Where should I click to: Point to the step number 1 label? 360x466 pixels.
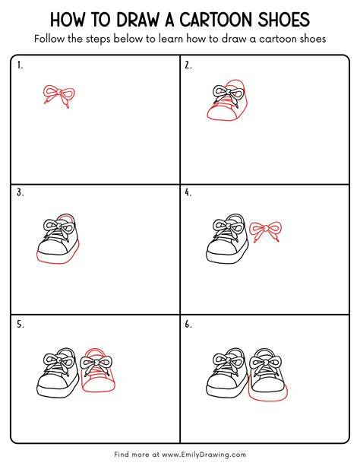pyautogui.click(x=20, y=65)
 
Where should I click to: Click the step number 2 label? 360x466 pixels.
pyautogui.click(x=188, y=65)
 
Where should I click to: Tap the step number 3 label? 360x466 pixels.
pyautogui.click(x=21, y=192)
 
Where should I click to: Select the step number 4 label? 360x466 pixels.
pyautogui.click(x=188, y=192)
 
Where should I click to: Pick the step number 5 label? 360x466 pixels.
pyautogui.click(x=21, y=325)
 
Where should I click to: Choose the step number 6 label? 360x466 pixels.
pyautogui.click(x=188, y=325)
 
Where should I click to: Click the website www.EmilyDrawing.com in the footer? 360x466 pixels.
pyautogui.click(x=204, y=455)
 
